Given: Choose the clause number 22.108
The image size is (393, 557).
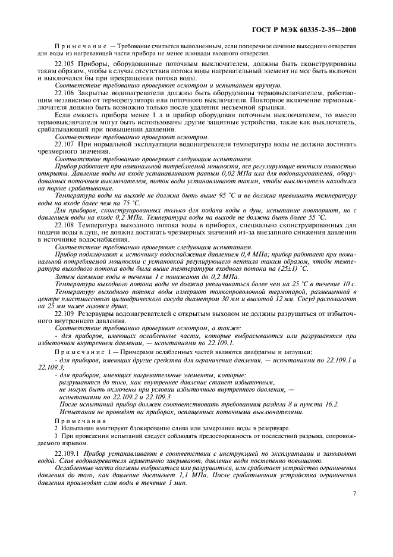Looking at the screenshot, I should (65, 226).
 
